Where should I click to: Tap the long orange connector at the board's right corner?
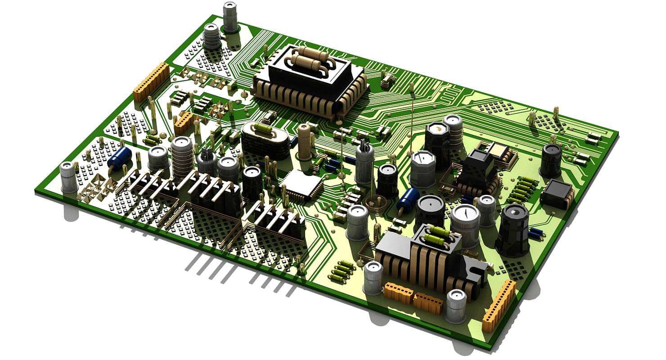(x=499, y=306)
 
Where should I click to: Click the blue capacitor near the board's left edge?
(x=119, y=159)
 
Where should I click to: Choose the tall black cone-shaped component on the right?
(x=513, y=229)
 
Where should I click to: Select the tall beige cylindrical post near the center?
(x=305, y=142)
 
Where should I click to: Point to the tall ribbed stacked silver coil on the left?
(x=182, y=157)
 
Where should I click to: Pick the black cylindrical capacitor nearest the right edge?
(x=551, y=160)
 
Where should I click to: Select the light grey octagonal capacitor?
(x=423, y=169)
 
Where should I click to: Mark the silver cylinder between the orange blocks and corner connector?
(x=456, y=306)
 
